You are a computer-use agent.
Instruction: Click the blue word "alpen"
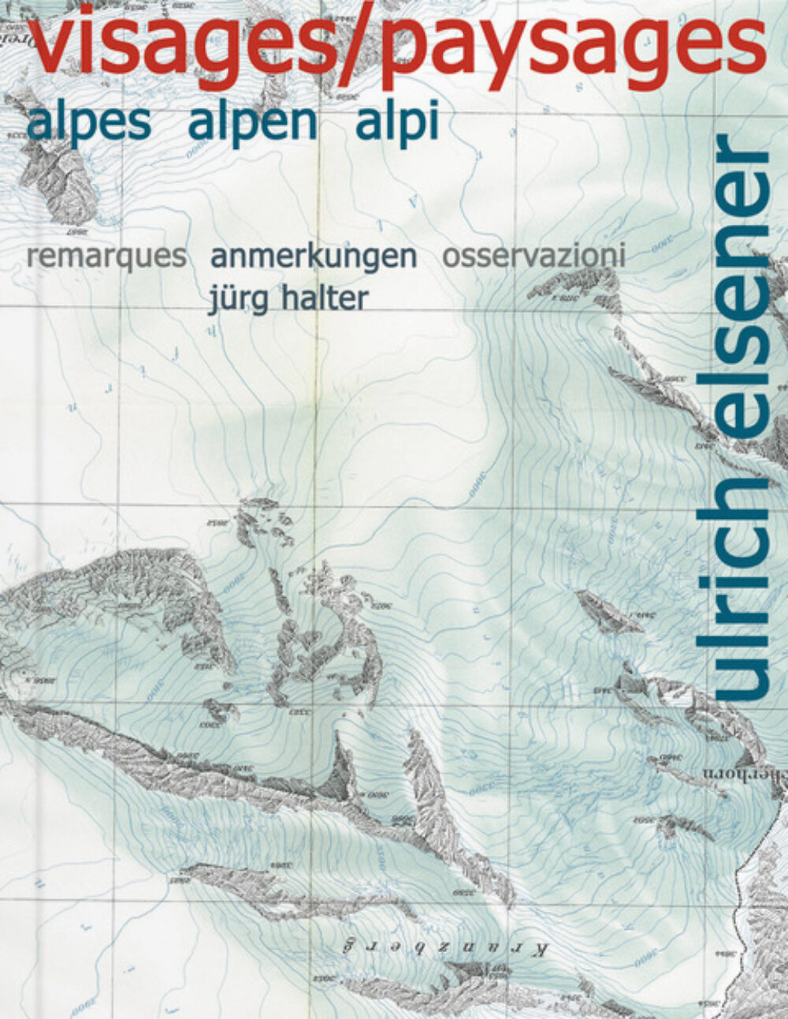(253, 123)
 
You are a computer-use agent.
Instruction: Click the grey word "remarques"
(106, 257)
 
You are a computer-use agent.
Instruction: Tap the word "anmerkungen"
(313, 257)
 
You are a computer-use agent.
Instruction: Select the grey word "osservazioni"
(534, 256)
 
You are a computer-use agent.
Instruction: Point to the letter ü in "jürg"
(229, 300)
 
